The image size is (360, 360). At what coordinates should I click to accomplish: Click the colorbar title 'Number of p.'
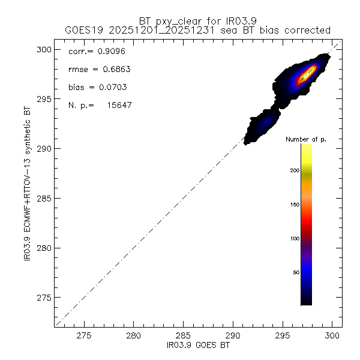305,140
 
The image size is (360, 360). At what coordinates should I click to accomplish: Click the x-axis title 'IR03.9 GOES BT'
198,347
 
